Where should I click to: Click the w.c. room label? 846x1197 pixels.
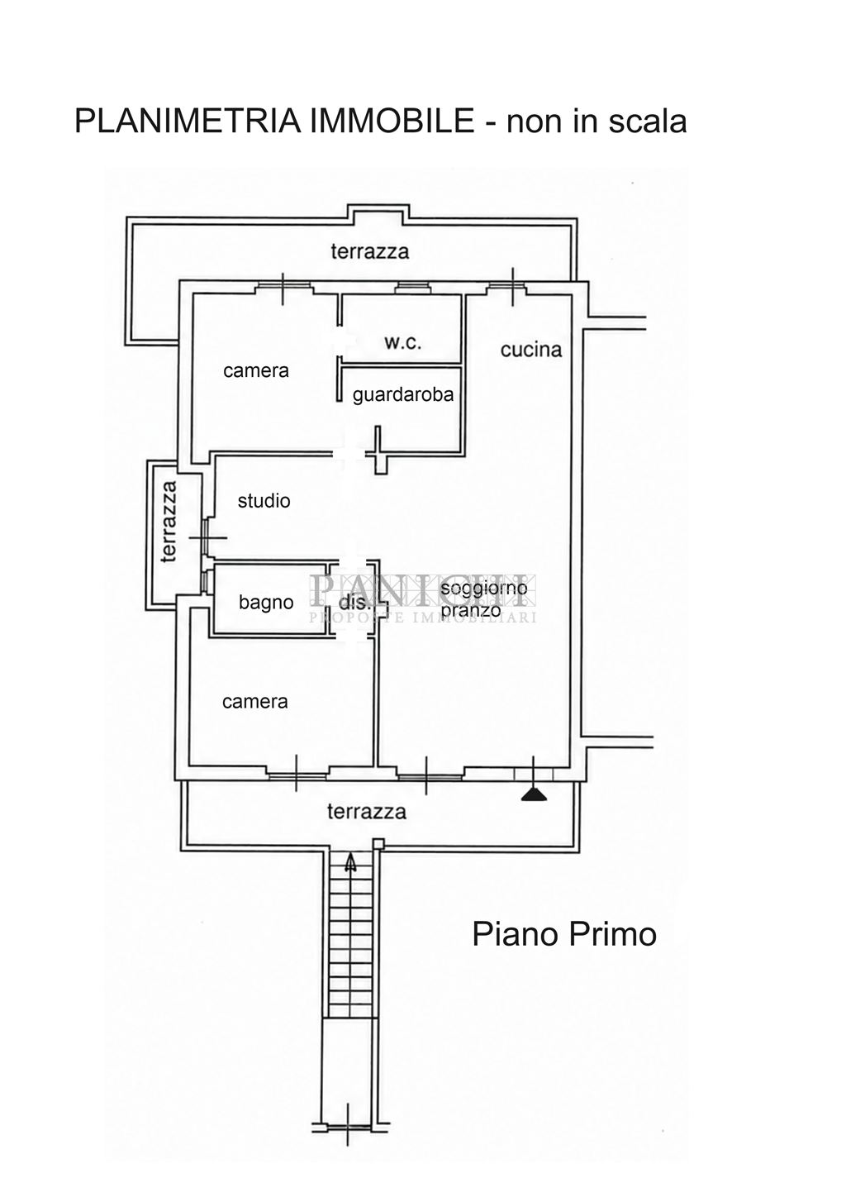tap(402, 342)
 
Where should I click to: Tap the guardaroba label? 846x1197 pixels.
tap(402, 395)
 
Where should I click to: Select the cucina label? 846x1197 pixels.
tap(531, 350)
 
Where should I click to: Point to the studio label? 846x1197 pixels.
tap(264, 501)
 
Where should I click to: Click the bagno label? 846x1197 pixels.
tap(266, 603)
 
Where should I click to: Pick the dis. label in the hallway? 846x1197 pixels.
tap(354, 603)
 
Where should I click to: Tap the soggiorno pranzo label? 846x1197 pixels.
tap(483, 599)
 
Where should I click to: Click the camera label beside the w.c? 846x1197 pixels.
tap(256, 370)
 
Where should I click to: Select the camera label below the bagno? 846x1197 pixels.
tap(254, 702)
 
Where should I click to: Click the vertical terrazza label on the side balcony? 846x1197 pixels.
tap(169, 522)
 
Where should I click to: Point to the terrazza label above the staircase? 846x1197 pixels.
tap(366, 812)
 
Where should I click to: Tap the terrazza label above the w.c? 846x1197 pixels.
tap(369, 251)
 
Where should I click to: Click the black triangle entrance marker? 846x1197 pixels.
tap(534, 796)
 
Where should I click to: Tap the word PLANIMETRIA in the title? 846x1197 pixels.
tap(188, 120)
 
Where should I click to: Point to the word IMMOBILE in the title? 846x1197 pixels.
tap(392, 120)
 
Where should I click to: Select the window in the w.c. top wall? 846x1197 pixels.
tap(411, 289)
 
